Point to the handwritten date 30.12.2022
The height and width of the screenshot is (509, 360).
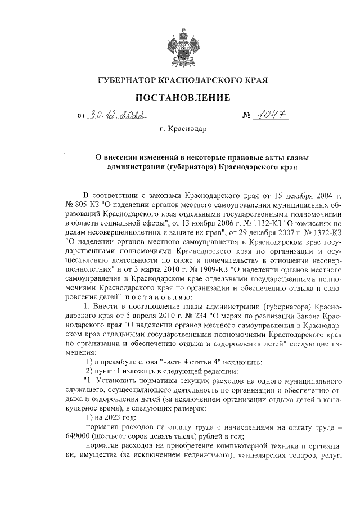click(116, 115)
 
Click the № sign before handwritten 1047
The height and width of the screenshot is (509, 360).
click(246, 116)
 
